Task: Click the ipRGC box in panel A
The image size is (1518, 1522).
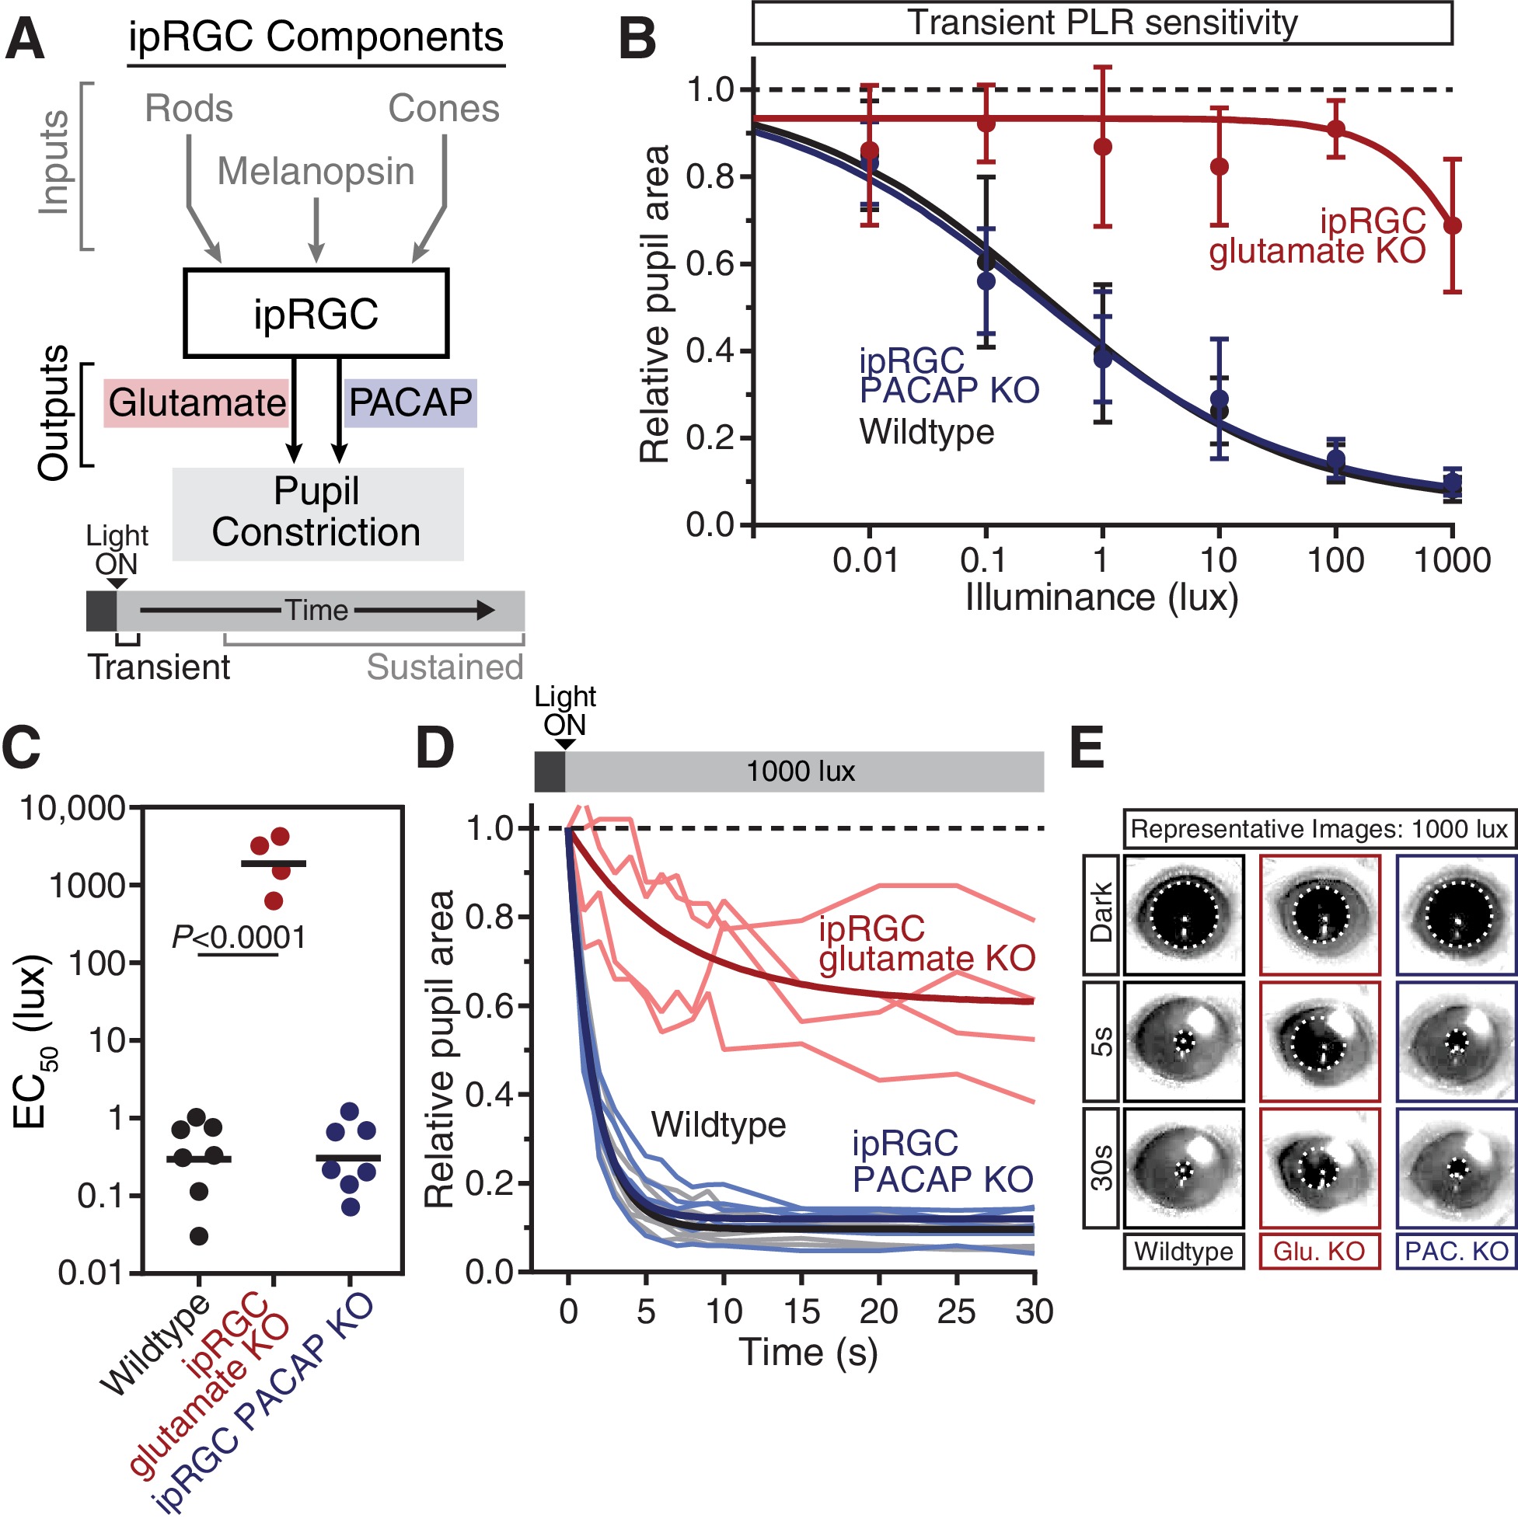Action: [316, 313]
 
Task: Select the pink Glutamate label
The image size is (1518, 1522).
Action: [196, 402]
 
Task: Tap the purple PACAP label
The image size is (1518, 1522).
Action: [410, 402]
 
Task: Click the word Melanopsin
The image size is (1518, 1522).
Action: [316, 172]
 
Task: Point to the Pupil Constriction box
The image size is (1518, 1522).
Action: [317, 513]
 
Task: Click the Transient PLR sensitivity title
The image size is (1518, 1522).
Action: [1101, 23]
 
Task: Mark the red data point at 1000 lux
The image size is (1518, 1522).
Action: [1452, 226]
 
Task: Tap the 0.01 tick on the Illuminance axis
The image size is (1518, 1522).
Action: [865, 561]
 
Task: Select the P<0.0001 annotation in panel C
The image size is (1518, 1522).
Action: [238, 938]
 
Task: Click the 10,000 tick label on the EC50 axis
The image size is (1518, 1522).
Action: [72, 808]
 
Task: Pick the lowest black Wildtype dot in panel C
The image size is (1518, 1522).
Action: [199, 1236]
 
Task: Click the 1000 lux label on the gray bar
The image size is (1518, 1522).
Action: [800, 771]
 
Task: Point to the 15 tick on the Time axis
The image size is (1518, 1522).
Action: [801, 1311]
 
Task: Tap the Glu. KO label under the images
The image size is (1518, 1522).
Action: [1318, 1251]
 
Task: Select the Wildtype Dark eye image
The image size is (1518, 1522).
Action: [1183, 914]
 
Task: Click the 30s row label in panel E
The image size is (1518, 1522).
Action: [1101, 1168]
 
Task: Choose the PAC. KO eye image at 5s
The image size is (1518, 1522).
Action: [1455, 1040]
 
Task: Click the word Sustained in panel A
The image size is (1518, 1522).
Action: [445, 667]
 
